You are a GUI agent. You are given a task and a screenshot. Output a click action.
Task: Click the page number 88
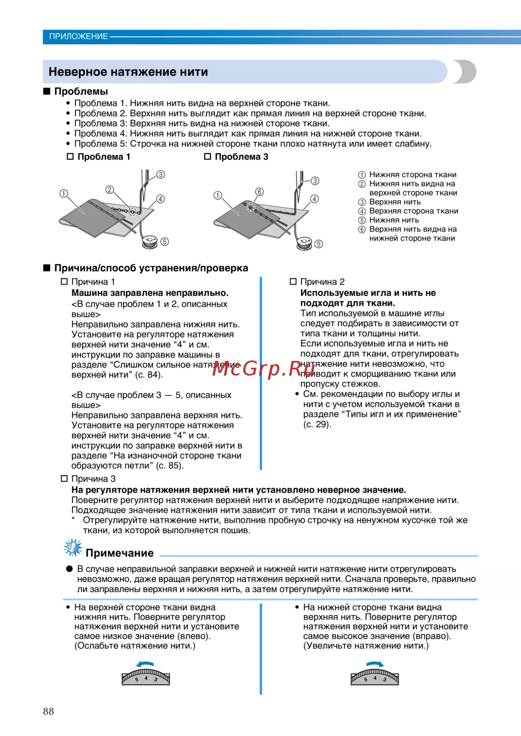[48, 712]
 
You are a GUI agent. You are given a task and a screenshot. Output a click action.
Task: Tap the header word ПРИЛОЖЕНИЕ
[79, 36]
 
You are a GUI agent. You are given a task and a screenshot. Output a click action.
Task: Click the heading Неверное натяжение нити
[128, 72]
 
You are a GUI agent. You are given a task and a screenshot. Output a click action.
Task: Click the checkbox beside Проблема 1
[70, 157]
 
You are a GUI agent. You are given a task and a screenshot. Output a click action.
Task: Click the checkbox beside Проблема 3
[207, 156]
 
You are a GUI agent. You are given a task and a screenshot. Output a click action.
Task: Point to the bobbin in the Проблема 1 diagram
[150, 241]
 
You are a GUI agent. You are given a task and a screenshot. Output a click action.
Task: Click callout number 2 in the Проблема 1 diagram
[109, 190]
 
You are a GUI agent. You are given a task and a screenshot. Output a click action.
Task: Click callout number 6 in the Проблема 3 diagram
[259, 192]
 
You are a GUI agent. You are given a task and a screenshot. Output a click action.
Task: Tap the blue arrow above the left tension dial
[145, 664]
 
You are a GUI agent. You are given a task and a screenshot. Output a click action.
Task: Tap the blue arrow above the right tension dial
[375, 664]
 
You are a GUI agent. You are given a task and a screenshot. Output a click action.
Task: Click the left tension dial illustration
[146, 677]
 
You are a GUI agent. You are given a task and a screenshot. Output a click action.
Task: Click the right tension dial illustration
[375, 677]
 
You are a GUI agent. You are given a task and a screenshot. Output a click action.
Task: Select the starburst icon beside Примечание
[73, 548]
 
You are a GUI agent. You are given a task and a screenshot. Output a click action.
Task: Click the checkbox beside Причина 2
[293, 282]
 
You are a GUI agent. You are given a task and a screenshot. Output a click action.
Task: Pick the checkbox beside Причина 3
[64, 479]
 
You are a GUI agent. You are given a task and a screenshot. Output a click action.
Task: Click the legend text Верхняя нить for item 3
[395, 202]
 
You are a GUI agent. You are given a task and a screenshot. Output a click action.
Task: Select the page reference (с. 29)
[317, 425]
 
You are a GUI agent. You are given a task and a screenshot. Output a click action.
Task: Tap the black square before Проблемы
[47, 92]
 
